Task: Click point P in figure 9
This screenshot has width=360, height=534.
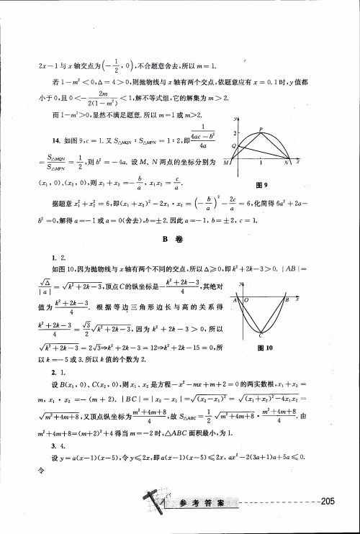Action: point(261,130)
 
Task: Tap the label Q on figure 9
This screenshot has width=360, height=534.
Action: point(233,146)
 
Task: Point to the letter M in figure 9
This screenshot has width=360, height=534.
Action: point(228,163)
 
